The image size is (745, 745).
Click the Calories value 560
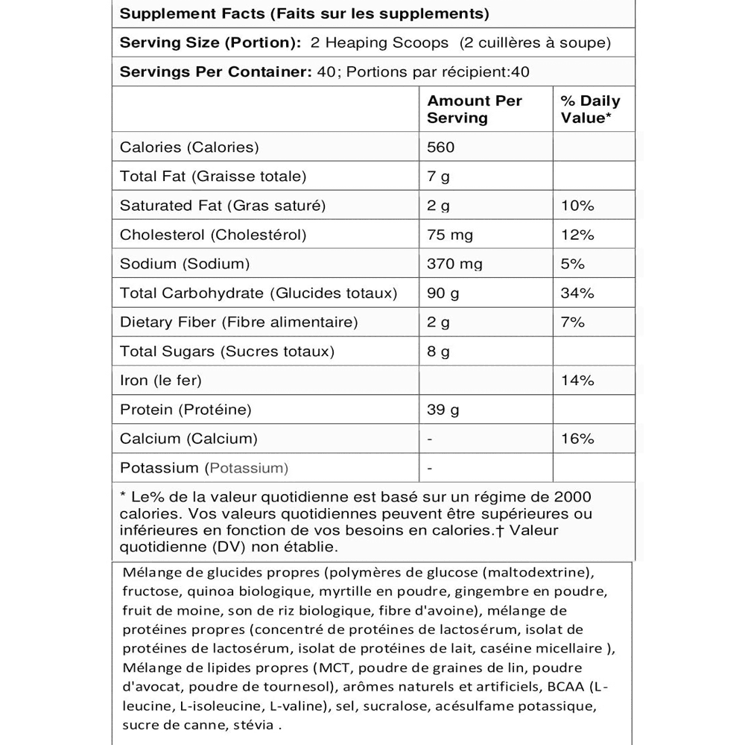tap(441, 148)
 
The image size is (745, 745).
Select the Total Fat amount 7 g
tap(439, 177)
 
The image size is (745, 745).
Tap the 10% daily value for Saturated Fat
tap(578, 206)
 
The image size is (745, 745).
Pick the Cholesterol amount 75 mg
tap(450, 235)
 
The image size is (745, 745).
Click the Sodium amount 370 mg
tap(454, 264)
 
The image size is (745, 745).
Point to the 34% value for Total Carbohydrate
tap(578, 293)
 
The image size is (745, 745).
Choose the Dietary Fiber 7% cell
tap(573, 322)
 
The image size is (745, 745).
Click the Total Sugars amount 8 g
tap(439, 351)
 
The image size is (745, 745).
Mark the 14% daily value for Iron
tap(578, 380)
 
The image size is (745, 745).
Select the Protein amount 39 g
tap(443, 409)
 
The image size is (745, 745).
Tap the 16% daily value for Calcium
tap(578, 438)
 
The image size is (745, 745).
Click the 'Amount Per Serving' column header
tap(475, 110)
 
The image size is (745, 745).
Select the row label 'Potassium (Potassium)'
tap(203, 468)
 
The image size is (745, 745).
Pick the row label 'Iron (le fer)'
tap(161, 380)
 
